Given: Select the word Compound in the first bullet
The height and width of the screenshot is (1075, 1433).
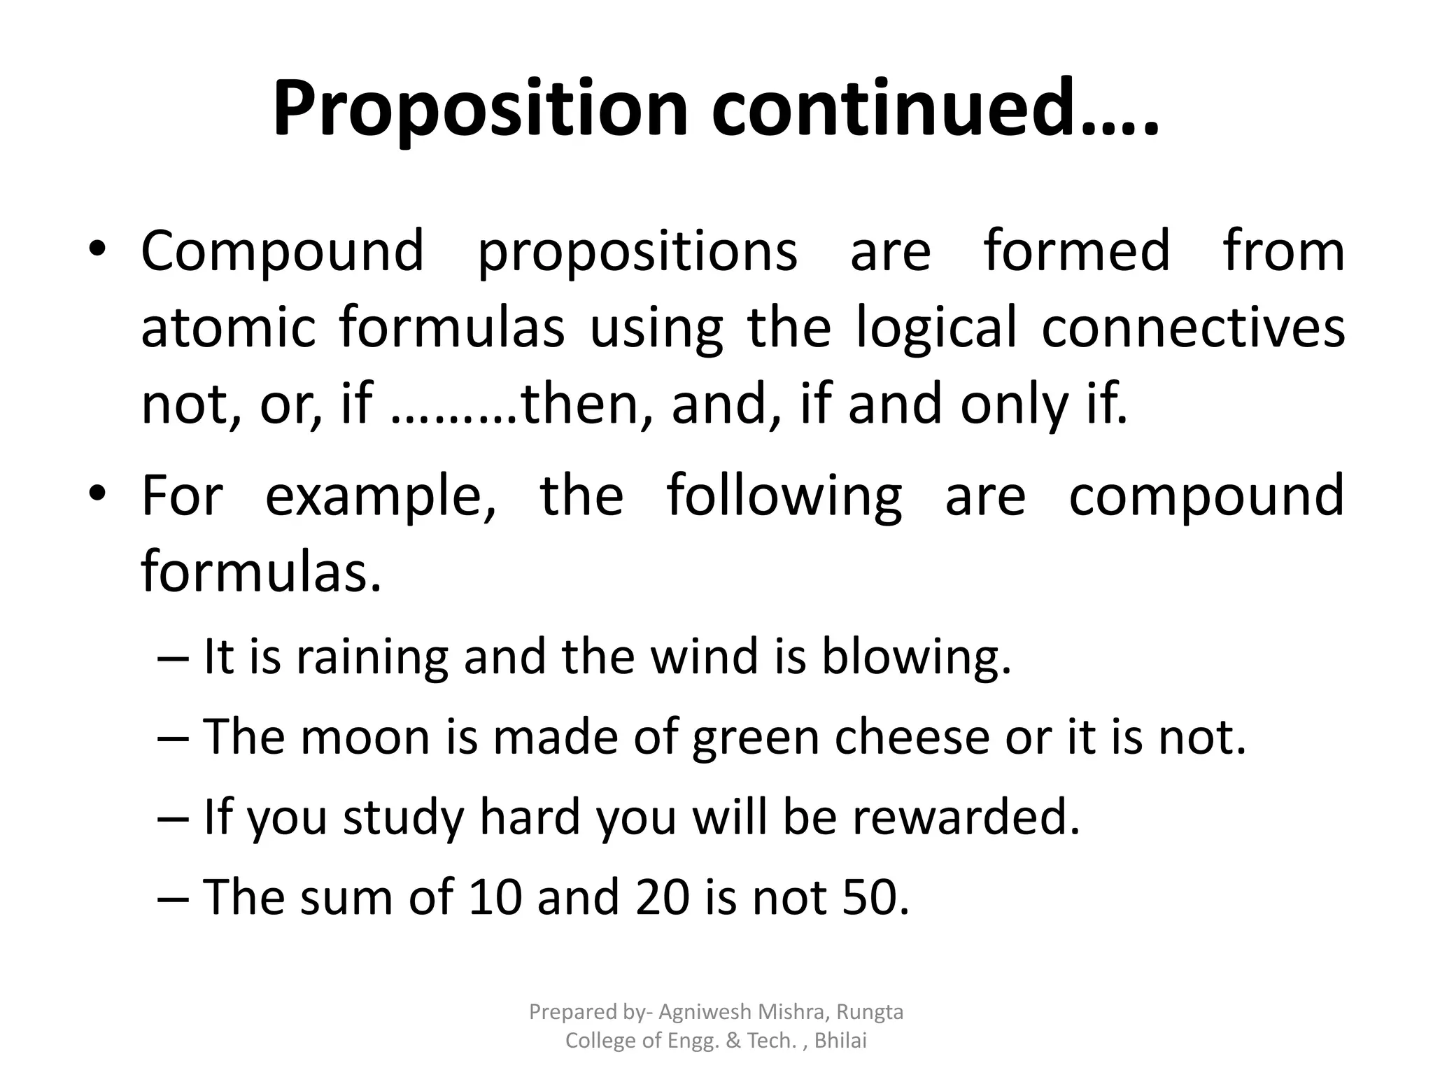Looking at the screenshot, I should coord(283,251).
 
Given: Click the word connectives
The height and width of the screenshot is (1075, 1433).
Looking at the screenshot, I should coord(1192,328).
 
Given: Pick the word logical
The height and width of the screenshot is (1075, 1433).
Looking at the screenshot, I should coord(937,328).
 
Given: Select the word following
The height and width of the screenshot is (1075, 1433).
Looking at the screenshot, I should coord(784,496).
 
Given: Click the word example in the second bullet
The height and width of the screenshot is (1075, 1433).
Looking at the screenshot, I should coord(381,496).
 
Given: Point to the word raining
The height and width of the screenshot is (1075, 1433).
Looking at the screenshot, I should coord(372,658).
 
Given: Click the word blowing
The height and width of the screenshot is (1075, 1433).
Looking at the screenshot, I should coord(915,658).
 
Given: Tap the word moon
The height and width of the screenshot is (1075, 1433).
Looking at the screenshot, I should coord(365,738).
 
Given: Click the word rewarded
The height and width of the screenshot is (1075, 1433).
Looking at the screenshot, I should coord(966,817).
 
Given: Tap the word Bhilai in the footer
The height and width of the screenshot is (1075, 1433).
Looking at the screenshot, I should coord(840,1041).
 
